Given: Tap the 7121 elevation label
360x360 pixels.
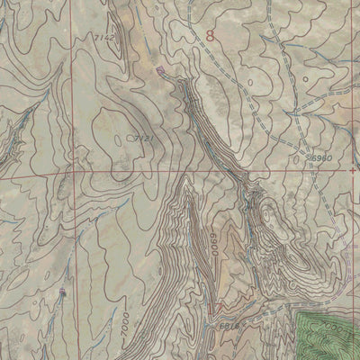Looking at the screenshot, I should [x=136, y=137].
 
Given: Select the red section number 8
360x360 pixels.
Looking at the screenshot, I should [x=211, y=37].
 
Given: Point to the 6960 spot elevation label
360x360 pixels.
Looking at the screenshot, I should [x=319, y=157].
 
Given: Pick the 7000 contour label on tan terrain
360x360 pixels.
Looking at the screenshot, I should [x=127, y=323].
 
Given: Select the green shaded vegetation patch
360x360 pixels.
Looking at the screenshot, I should [x=328, y=333].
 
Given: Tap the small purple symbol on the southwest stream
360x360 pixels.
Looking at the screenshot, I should [x=62, y=293].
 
